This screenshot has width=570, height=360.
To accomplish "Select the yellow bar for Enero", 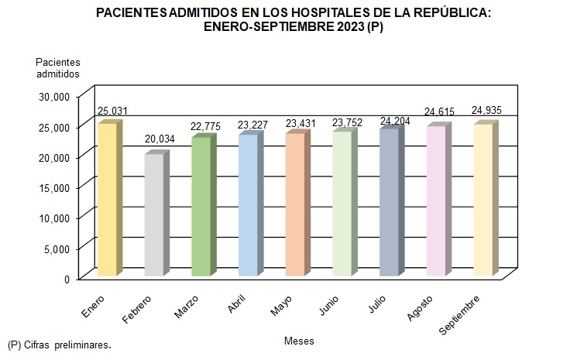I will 107,200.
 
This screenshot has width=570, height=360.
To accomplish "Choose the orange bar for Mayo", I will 295,204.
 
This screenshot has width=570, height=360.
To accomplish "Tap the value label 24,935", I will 486,111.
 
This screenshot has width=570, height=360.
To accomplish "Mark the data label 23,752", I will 345,121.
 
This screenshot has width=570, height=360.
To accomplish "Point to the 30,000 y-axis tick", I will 56,96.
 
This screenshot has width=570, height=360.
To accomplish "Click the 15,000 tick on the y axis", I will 56,187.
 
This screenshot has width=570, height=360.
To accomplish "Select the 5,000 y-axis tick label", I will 59,249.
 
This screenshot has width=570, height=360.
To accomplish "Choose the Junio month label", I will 328,305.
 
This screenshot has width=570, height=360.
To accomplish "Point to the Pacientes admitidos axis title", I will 58,67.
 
